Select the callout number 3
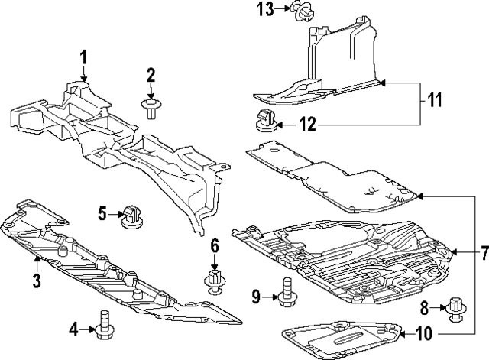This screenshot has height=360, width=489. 36,280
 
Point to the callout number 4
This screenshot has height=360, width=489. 73,329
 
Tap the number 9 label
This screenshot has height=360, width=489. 257,296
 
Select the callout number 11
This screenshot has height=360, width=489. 435,100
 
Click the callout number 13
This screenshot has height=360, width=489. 264,9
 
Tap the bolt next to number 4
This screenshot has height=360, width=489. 102,325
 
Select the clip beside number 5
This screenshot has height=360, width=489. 131,216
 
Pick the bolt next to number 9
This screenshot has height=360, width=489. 286,293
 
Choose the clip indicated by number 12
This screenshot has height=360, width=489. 265,121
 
